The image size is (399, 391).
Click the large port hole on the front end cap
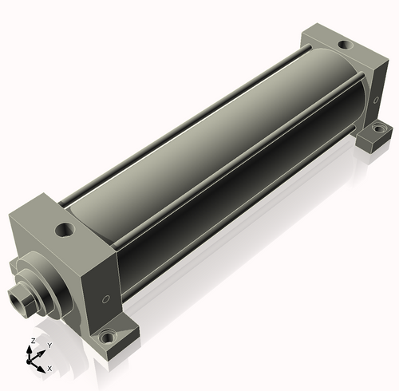[65, 230]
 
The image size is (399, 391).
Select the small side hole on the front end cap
[106, 299]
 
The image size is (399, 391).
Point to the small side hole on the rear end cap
[376, 100]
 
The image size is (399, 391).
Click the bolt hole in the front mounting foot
[108, 338]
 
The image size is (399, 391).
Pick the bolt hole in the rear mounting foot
[377, 128]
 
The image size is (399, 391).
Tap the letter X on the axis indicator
[49, 369]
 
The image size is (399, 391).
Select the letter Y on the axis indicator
[49, 346]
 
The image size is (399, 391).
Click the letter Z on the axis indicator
[34, 341]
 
